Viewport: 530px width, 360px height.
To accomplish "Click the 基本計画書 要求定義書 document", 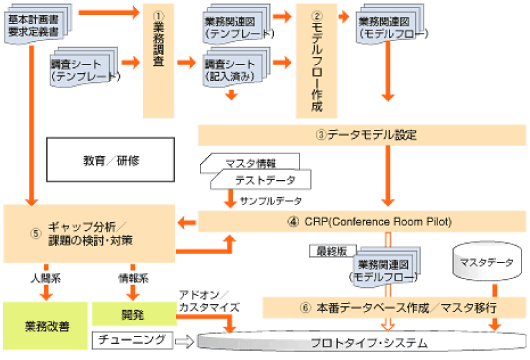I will [38, 26].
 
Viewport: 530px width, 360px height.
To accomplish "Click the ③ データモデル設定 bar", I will [361, 134].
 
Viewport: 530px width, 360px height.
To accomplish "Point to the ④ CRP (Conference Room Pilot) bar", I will [361, 221].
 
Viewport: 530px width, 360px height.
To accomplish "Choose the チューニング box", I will [129, 341].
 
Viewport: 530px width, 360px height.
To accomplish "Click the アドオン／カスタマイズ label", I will [207, 299].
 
